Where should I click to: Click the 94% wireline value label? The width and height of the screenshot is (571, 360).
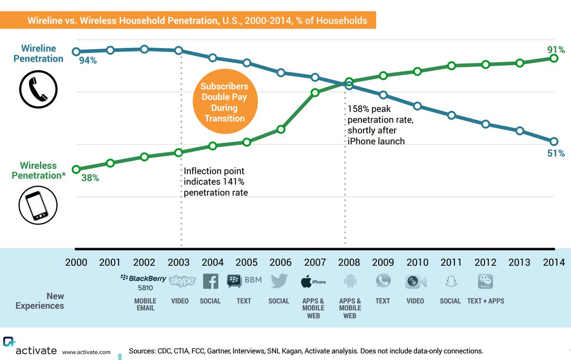pos(89,60)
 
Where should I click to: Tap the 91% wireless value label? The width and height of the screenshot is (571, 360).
pos(556,50)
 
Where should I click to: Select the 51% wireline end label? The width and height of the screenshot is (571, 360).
pos(556,153)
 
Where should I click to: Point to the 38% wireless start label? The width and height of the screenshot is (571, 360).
pos(89,178)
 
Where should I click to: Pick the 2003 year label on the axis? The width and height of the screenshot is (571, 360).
pos(179,262)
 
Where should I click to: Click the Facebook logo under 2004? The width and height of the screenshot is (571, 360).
pos(211,281)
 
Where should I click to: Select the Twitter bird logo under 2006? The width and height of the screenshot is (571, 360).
pos(279,281)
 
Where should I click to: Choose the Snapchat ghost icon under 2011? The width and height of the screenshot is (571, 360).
pos(450,282)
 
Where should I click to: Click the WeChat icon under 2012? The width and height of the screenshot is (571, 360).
pos(485,281)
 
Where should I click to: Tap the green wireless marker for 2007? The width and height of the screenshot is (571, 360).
pos(315,92)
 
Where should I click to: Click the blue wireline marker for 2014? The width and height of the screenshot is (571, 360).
pos(553,141)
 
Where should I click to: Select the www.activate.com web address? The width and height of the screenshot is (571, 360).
pos(86,352)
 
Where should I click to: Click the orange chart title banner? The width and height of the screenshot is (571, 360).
pos(197,21)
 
